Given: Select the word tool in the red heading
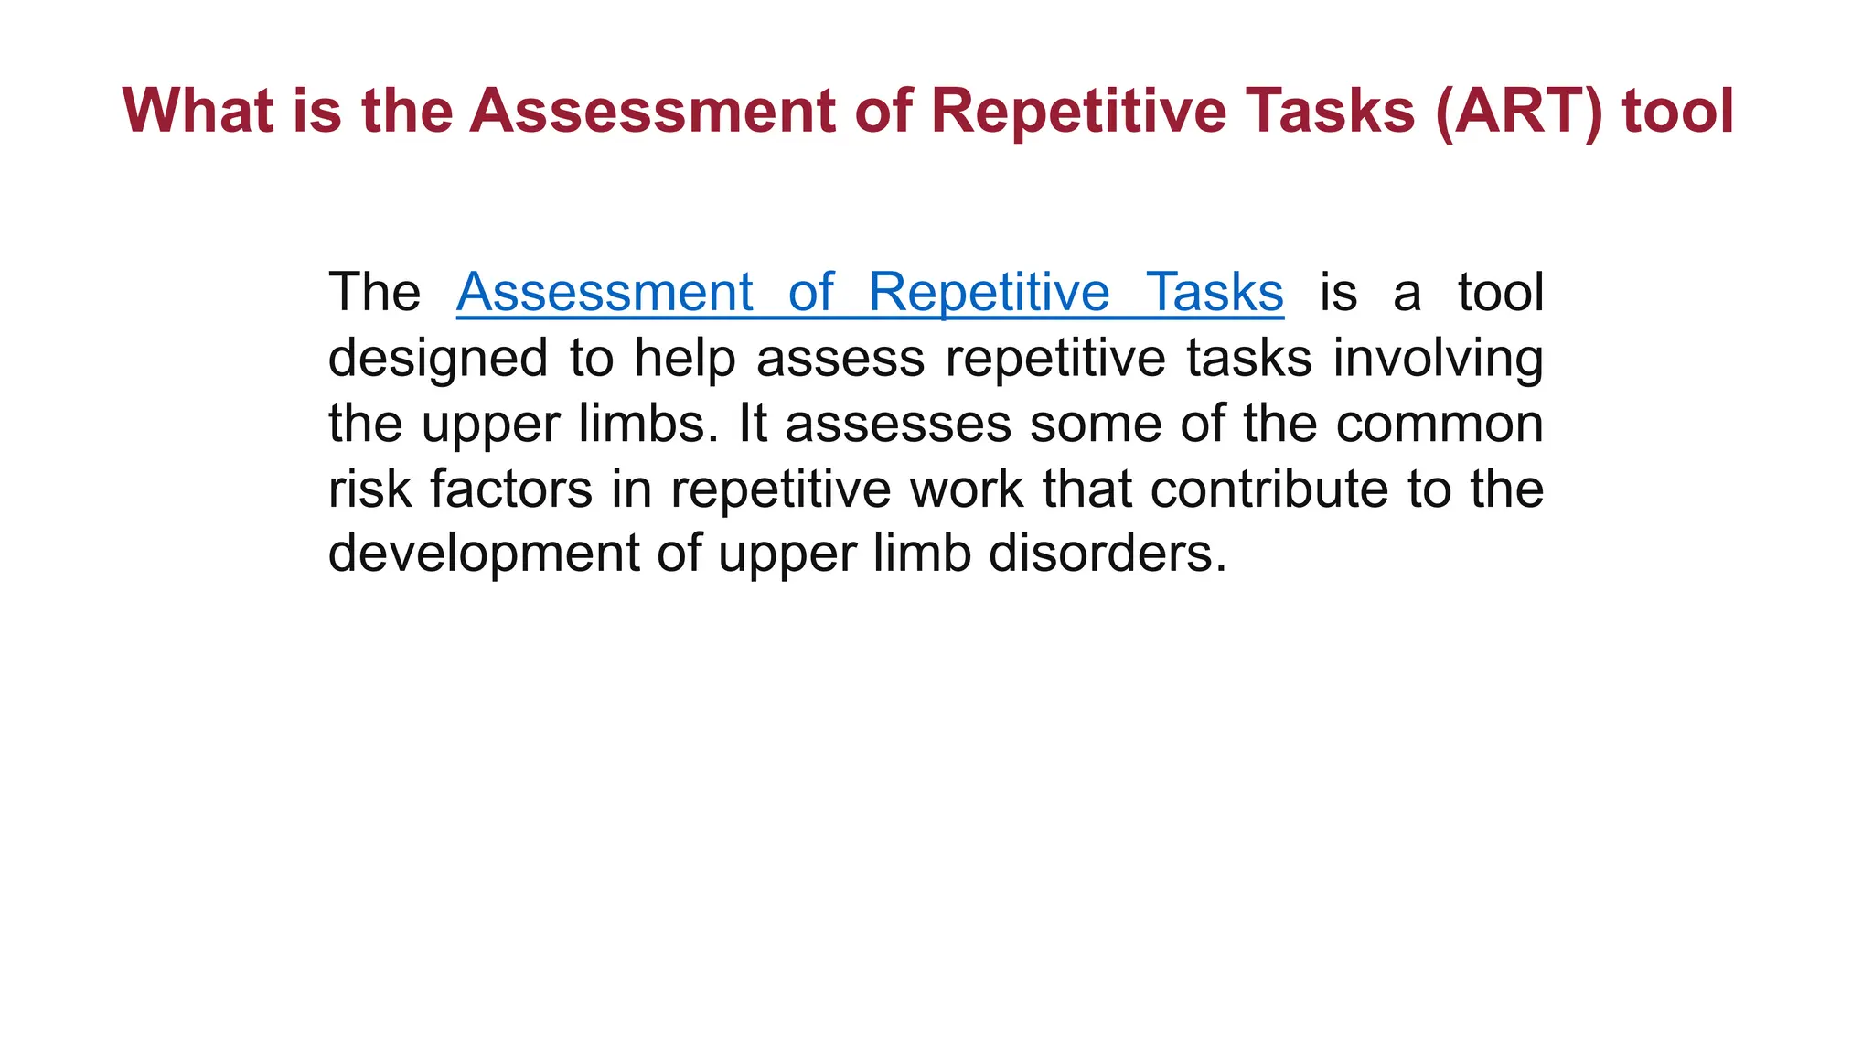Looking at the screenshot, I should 1677,112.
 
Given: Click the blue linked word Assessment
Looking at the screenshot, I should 605,292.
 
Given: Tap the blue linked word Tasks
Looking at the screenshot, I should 1215,292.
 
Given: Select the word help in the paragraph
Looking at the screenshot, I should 685,358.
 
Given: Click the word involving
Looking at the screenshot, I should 1438,358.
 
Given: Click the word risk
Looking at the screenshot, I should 369,489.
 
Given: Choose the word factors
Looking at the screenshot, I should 511,489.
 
